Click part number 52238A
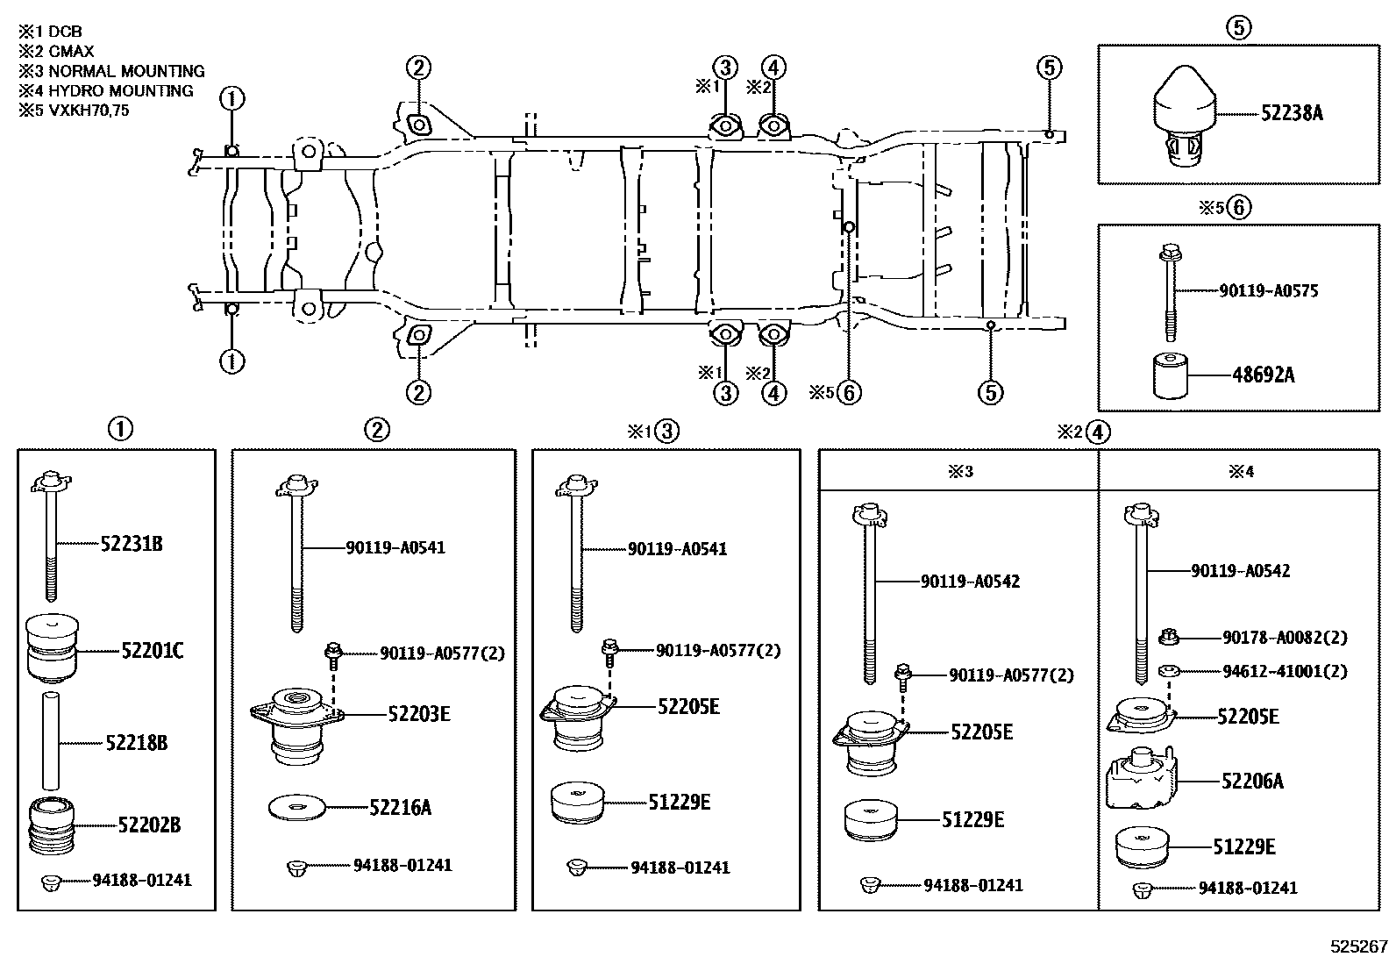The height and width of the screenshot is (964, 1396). click(x=1292, y=113)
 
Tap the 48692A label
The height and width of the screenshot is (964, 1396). click(x=1263, y=375)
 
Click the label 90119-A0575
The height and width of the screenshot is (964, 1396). click(x=1268, y=291)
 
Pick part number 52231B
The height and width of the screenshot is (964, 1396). click(x=131, y=544)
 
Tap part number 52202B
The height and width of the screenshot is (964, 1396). click(x=149, y=825)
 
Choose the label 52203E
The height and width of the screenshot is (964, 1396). click(x=418, y=714)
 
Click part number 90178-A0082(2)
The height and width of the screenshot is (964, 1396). click(x=1285, y=639)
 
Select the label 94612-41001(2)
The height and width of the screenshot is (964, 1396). click(x=1285, y=672)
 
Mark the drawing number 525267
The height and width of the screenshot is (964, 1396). click(x=1358, y=946)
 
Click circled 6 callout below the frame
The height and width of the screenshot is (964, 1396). click(x=848, y=392)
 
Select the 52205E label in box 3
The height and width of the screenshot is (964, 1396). click(x=688, y=707)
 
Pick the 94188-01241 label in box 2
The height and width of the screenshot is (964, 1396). click(x=402, y=866)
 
